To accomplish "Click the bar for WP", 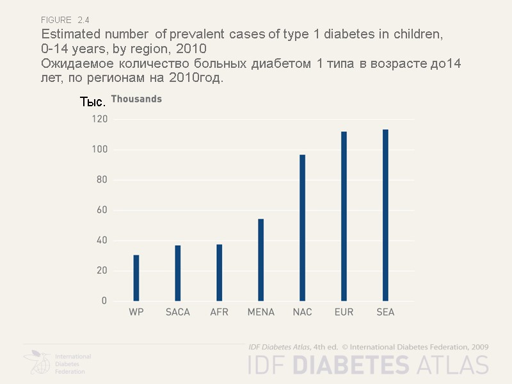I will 136,278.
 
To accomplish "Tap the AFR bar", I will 220,273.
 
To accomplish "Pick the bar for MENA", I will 260,260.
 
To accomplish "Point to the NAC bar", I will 302,228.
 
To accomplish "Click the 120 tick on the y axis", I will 99,120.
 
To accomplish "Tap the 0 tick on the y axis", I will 104,301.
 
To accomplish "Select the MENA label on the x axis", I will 260,312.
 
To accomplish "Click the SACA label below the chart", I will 178,312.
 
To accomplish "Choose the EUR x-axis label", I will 344,312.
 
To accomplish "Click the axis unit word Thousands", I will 136,99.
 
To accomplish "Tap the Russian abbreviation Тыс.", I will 93,102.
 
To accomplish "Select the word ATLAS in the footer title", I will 452,364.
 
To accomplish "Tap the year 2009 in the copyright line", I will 479,346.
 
